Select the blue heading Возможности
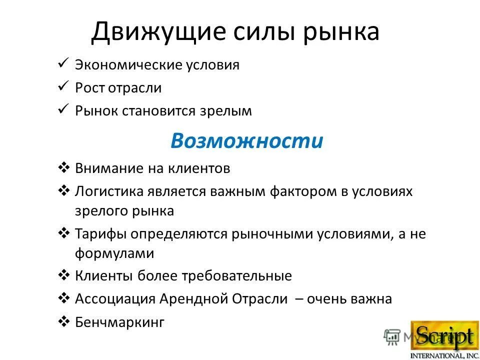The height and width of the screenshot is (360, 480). click(246, 141)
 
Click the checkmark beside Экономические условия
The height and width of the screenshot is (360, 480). click(63, 63)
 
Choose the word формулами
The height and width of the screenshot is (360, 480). click(114, 253)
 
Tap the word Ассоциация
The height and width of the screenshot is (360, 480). click(115, 299)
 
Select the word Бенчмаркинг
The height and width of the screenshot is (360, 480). click(119, 322)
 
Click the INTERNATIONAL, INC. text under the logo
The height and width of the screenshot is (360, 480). click(443, 355)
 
